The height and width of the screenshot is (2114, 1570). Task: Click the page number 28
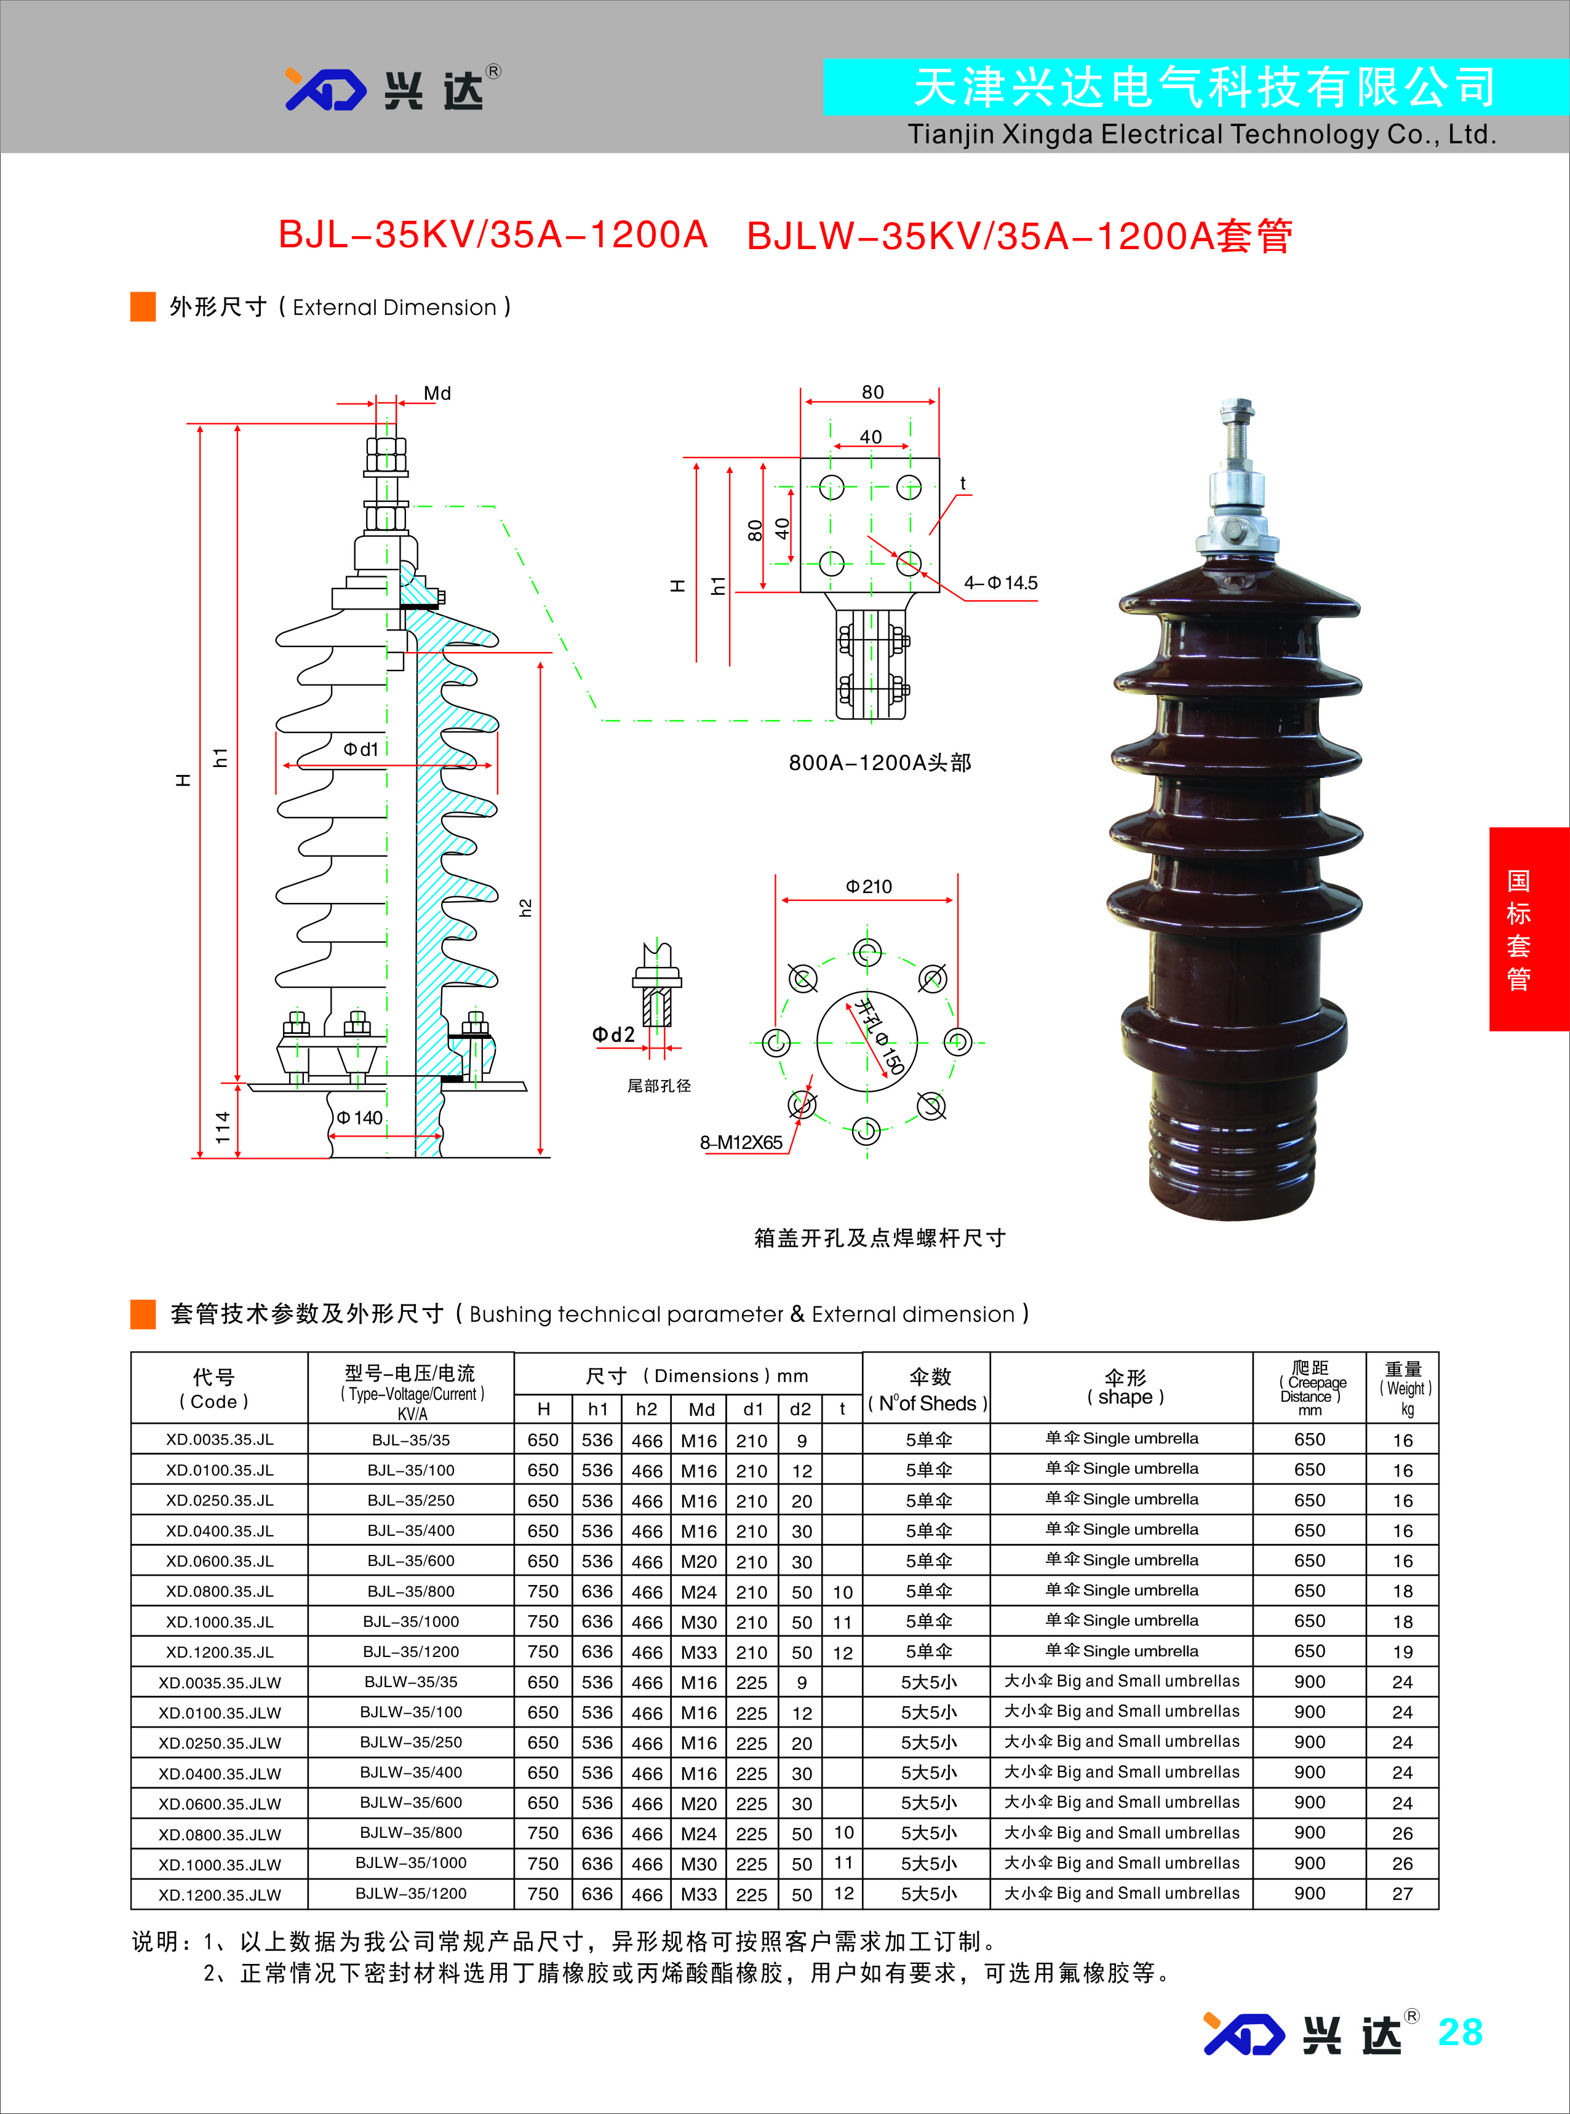coord(1460,2032)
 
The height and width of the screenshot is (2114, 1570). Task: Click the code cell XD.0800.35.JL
coord(220,1591)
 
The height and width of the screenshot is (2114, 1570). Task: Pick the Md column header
coord(701,1409)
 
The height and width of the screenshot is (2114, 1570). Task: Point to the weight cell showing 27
coord(1402,1894)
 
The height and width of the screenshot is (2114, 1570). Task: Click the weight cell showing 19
coord(1402,1652)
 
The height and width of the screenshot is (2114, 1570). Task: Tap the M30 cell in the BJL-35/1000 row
coord(698,1622)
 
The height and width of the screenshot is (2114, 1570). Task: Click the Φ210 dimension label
coord(869,886)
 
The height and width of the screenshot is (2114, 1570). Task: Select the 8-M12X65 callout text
coord(741,1142)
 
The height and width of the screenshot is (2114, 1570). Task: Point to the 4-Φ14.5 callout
coord(1001,582)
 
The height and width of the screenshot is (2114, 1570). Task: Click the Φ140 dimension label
coord(359,1118)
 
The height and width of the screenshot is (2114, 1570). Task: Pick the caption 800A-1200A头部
coord(879,763)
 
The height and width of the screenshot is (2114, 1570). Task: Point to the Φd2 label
coord(613,1035)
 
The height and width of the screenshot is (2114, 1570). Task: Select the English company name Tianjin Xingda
coord(1201,135)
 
